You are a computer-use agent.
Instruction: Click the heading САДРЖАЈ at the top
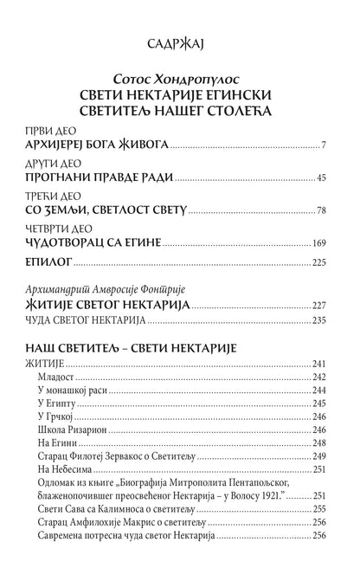click(x=180, y=42)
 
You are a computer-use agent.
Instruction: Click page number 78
click(x=319, y=211)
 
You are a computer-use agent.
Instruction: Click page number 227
click(x=317, y=306)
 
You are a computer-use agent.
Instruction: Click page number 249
click(x=317, y=455)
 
